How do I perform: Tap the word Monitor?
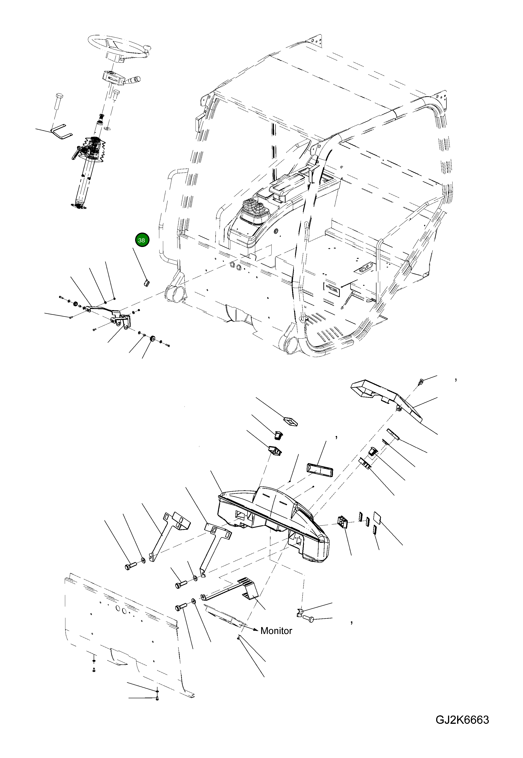276,631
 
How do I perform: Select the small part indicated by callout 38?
147,282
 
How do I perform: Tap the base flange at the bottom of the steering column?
79,205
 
